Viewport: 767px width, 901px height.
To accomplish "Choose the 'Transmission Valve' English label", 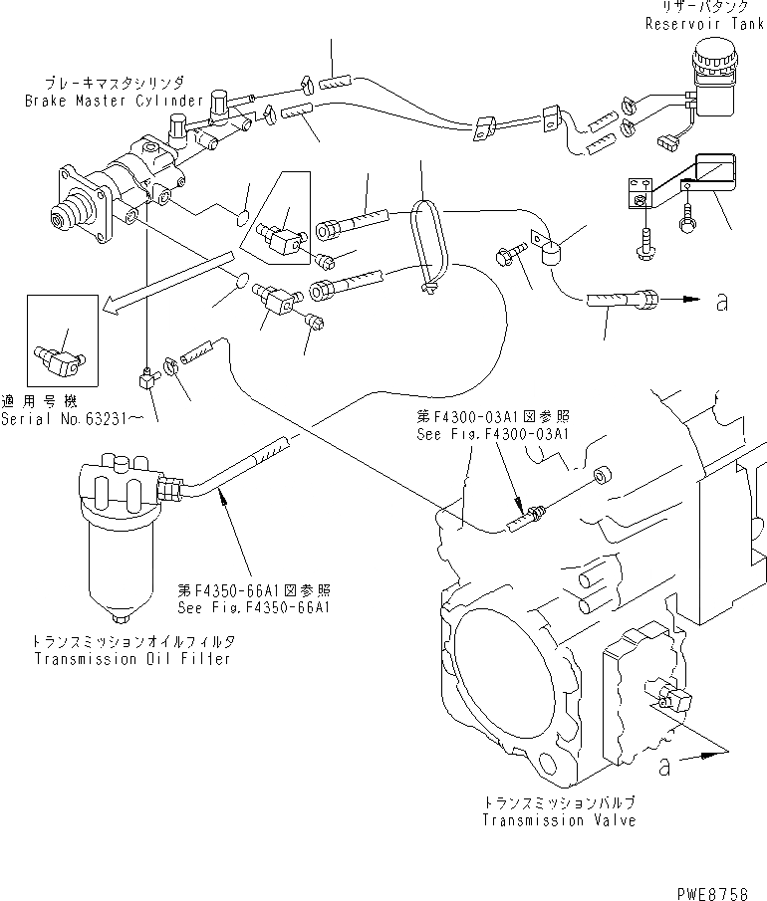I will pos(559,820).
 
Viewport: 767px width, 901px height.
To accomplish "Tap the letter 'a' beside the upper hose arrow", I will pos(721,303).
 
